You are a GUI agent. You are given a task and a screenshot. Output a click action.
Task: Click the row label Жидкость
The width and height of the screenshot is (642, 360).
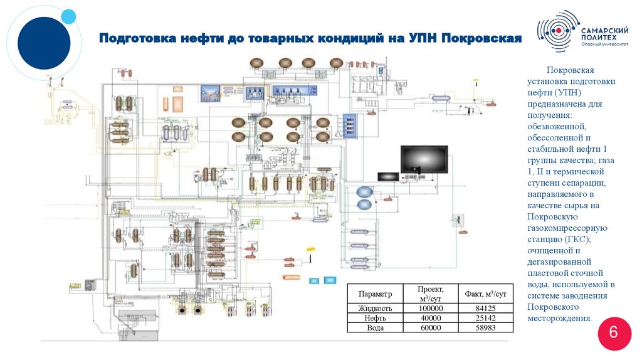[375, 309]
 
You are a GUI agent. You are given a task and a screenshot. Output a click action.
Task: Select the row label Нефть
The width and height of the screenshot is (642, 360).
[375, 318]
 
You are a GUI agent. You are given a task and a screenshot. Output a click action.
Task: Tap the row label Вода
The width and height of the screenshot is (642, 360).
[375, 327]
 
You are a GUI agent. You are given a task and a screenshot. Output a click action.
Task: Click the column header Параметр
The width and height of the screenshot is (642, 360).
[375, 294]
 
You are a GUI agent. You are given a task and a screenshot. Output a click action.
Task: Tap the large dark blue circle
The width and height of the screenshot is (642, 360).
[43, 43]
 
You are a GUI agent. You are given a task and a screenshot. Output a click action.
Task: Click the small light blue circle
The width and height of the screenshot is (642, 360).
[69, 17]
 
